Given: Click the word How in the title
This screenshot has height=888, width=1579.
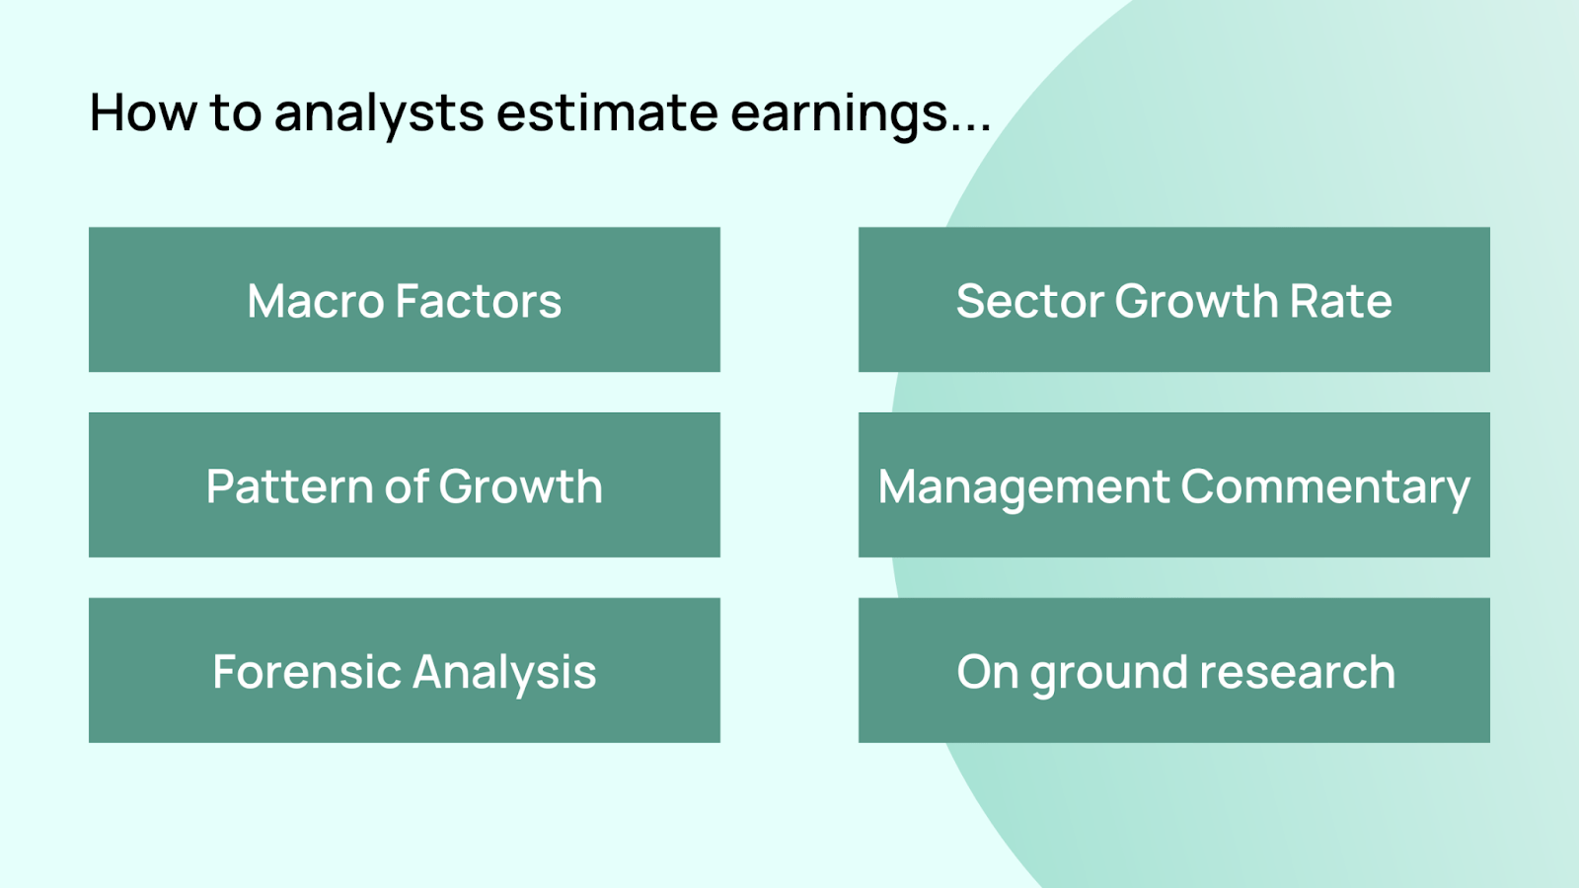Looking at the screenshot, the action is (x=143, y=111).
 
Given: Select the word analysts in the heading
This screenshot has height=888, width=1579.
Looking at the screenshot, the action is (x=379, y=115).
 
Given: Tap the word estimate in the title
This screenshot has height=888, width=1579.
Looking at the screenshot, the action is (x=607, y=112).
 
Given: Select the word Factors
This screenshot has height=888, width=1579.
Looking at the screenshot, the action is (x=479, y=302).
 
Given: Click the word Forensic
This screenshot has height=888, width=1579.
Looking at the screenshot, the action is (x=306, y=672).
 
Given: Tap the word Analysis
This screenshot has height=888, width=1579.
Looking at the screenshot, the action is (x=504, y=676).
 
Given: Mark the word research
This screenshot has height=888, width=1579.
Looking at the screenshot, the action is (x=1298, y=672).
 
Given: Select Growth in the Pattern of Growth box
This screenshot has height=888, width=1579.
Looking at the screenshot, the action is (x=522, y=486).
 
